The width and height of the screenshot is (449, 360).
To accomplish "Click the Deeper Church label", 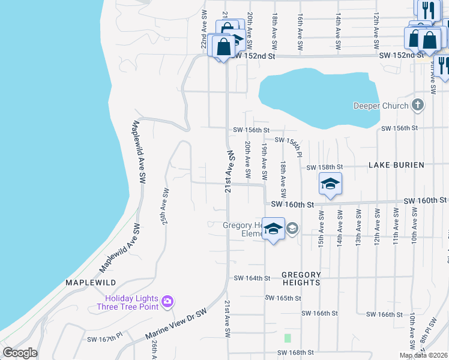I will click(381, 106).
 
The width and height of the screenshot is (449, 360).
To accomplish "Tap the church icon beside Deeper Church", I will click(419, 106).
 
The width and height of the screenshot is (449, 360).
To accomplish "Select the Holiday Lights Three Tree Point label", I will click(131, 302).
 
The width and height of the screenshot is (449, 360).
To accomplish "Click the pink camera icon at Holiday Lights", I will click(167, 301).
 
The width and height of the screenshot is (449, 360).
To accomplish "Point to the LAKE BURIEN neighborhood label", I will click(405, 165).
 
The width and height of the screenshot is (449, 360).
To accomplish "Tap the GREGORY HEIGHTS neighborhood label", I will click(301, 278).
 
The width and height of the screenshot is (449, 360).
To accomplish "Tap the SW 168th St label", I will click(296, 352).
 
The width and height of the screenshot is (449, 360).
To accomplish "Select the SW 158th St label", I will click(324, 167).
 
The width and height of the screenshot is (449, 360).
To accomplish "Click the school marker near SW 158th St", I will click(330, 185).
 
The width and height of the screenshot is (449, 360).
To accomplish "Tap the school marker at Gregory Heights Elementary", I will click(273, 230).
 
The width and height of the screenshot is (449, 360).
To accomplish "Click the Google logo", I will click(20, 353).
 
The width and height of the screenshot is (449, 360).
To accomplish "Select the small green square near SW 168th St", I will click(287, 338).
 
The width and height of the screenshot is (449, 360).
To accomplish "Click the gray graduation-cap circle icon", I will click(292, 228).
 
